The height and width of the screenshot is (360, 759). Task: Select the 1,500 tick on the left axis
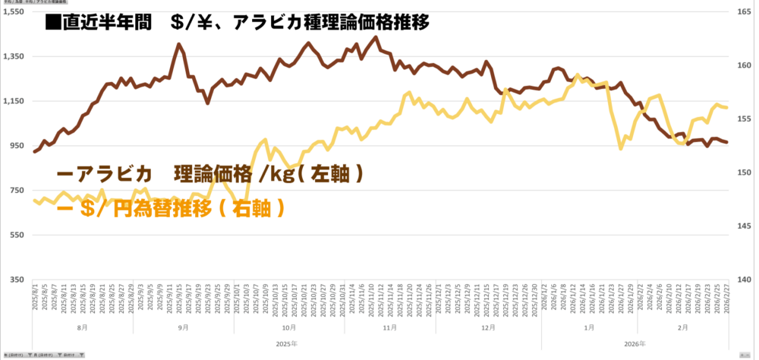(x=14, y=12)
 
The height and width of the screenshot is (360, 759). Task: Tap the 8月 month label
(x=81, y=327)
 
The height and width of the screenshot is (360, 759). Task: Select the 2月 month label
(x=682, y=327)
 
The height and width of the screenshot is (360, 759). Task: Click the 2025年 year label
(x=287, y=343)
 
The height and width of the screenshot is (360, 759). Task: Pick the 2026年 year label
(x=635, y=343)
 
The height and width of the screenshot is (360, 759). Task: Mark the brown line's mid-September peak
(x=178, y=44)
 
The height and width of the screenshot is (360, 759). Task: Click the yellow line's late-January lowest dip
(x=621, y=148)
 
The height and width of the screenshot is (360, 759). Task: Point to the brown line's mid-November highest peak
(x=376, y=36)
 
